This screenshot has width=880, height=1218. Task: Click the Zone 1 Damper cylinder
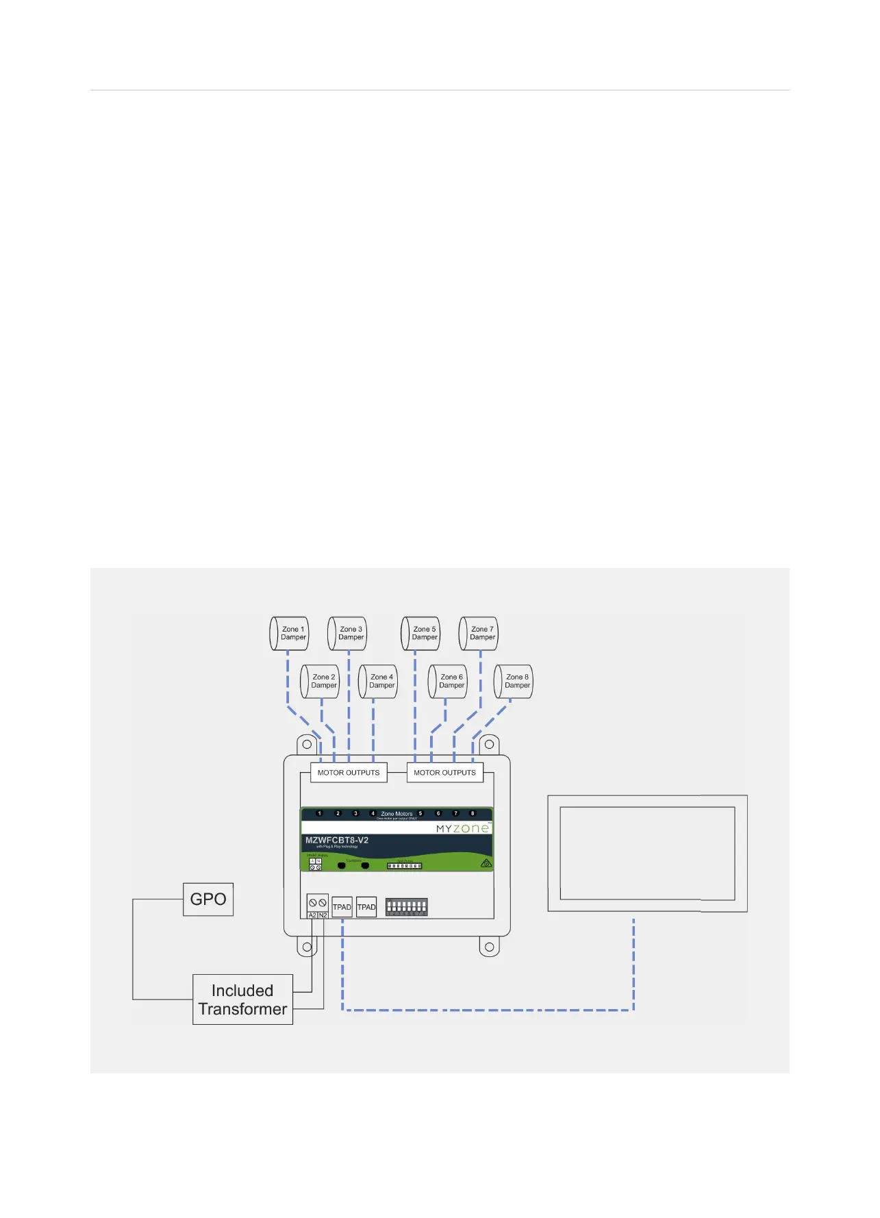289,633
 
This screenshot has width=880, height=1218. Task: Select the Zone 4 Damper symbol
378,682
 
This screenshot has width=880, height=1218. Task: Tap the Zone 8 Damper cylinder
514,682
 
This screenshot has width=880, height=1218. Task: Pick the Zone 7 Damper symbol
479,633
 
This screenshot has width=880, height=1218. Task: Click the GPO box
208,899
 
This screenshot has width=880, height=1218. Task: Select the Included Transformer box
242,999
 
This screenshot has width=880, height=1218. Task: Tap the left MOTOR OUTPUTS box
349,773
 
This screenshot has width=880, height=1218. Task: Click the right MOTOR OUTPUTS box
444,773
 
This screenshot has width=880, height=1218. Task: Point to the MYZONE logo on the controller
463,828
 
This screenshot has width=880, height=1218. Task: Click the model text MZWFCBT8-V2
337,841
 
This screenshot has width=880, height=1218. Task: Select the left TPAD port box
342,907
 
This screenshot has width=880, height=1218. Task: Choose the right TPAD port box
366,907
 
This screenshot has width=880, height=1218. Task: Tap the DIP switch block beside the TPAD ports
406,907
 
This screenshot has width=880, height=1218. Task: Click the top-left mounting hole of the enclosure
307,744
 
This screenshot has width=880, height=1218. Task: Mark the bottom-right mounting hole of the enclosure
489,947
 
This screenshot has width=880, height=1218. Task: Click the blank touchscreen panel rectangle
647,854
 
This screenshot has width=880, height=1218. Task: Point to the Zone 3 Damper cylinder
347,633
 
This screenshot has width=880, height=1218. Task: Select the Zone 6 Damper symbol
448,682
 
